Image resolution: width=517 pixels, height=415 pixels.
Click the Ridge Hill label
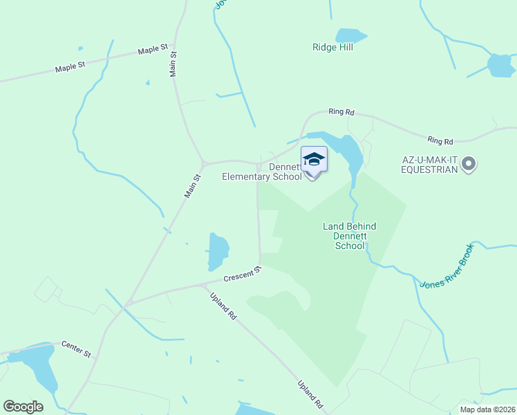(x=332, y=48)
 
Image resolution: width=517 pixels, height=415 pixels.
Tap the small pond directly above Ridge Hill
(x=350, y=35)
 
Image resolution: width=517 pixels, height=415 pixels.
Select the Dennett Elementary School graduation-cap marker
(x=314, y=160)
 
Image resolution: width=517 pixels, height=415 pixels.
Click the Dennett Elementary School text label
(x=262, y=172)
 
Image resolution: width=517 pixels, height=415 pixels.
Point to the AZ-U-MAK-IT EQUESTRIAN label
(x=431, y=164)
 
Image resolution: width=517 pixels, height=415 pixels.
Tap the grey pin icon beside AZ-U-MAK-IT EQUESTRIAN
(x=469, y=164)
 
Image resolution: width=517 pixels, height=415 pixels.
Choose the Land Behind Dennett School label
(x=350, y=236)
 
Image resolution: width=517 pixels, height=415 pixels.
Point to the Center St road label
(x=76, y=348)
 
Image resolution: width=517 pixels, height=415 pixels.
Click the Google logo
(x=23, y=407)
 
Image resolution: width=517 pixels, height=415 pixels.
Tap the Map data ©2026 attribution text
(x=487, y=409)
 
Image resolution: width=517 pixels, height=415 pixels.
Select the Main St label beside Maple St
(x=173, y=64)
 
